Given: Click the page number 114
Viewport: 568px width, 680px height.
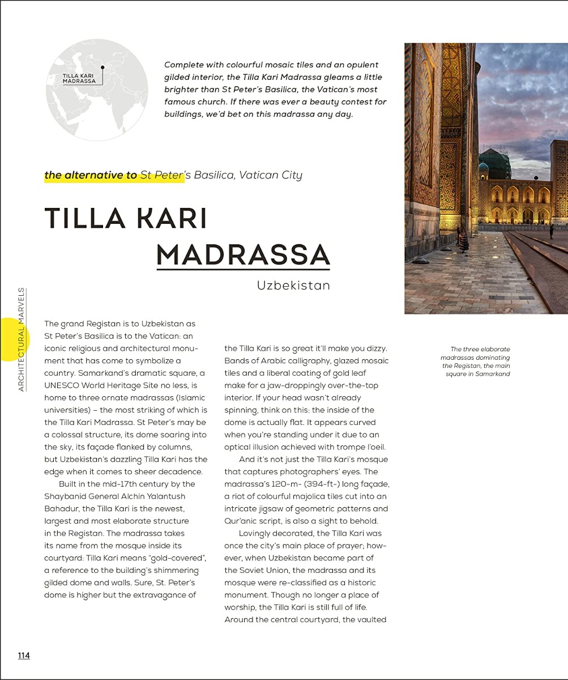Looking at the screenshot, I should [x=23, y=656].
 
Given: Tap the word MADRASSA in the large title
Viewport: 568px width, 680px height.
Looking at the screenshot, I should [x=243, y=255].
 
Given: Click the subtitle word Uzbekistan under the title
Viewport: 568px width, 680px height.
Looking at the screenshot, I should [x=293, y=285].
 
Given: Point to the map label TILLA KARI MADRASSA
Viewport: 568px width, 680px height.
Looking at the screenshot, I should [x=79, y=78].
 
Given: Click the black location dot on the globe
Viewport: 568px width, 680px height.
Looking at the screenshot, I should [x=103, y=67].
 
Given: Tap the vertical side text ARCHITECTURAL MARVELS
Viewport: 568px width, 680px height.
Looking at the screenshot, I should [x=22, y=340].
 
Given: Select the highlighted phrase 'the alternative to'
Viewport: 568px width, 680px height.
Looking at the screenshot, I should [x=91, y=175].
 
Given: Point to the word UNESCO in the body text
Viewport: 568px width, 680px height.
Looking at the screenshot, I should [x=63, y=385].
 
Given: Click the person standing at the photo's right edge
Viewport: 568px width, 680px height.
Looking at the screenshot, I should [x=552, y=231].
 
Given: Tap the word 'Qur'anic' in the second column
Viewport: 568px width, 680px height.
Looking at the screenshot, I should [x=242, y=521].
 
